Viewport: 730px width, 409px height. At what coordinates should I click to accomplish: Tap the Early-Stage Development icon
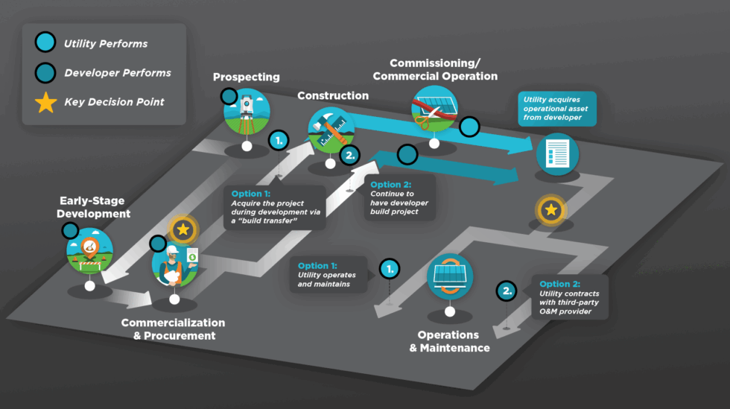pos(89,250)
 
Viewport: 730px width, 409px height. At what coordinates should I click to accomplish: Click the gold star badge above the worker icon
pos(182,230)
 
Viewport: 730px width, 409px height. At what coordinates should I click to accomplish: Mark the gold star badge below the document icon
pos(550,211)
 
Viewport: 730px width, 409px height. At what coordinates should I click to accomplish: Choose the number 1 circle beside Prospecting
pos(279,139)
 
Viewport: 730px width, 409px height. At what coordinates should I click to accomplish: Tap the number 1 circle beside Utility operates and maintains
pos(390,269)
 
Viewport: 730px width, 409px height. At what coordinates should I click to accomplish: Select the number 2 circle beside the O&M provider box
pos(507,291)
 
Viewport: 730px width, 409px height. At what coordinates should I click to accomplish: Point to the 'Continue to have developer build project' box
pos(399,199)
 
